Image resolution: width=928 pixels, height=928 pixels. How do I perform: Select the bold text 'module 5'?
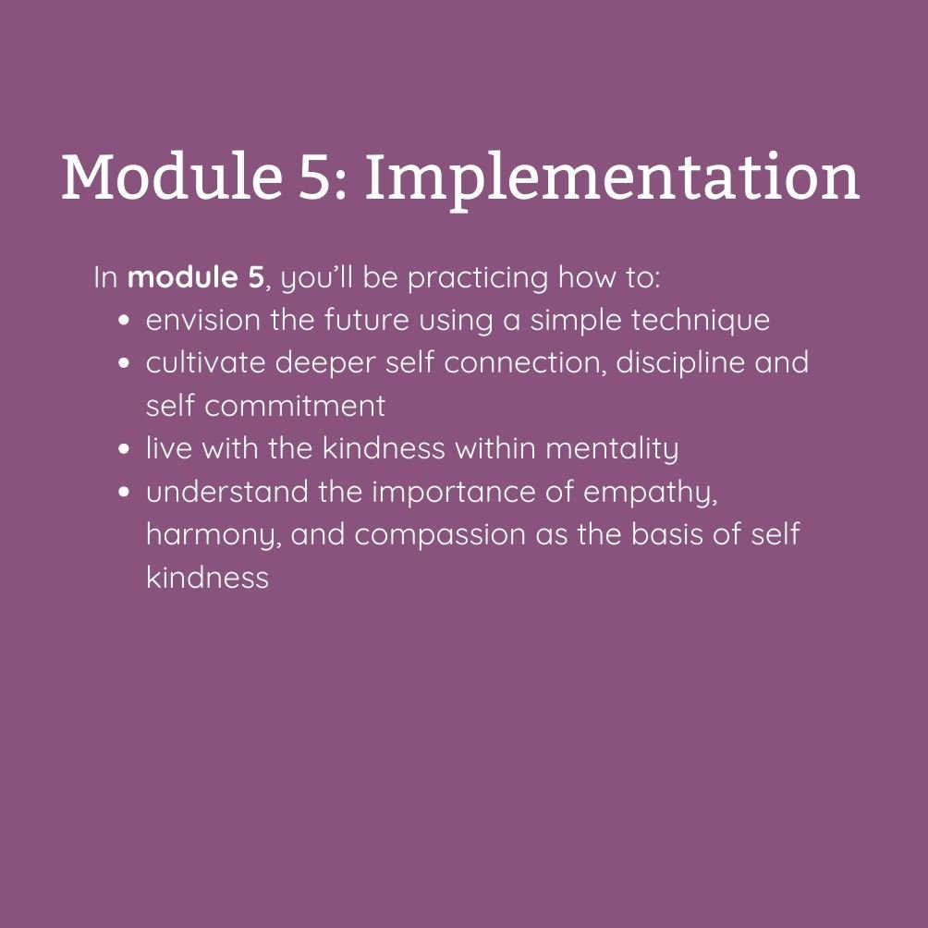tap(195, 277)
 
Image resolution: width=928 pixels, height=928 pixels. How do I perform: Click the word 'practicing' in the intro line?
tap(478, 278)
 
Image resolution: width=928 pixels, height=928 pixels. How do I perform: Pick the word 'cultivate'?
tap(205, 363)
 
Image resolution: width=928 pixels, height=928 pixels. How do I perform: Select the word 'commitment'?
tap(295, 406)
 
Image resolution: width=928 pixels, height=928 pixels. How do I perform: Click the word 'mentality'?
tap(611, 449)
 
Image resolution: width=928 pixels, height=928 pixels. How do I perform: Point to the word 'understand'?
tap(227, 492)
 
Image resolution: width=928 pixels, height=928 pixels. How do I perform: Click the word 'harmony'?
tap(212, 535)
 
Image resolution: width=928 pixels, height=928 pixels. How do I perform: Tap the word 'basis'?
tap(666, 534)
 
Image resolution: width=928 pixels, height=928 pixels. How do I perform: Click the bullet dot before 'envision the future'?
tap(124, 321)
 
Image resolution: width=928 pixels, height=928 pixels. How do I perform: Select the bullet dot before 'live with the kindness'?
tap(124, 449)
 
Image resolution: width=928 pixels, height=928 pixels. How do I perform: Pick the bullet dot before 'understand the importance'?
tap(124, 493)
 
